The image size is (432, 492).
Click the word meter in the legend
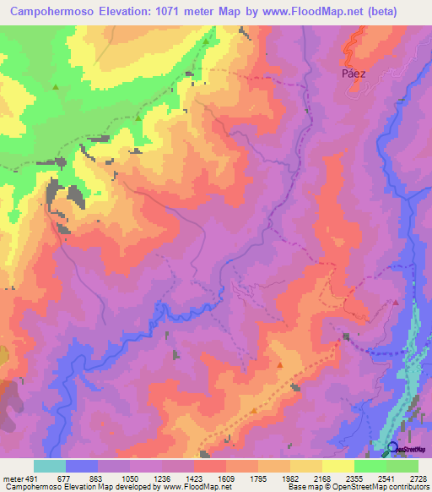click(13, 478)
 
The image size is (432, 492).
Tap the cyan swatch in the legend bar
click(50, 466)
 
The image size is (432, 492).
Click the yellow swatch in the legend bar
click(337, 466)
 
